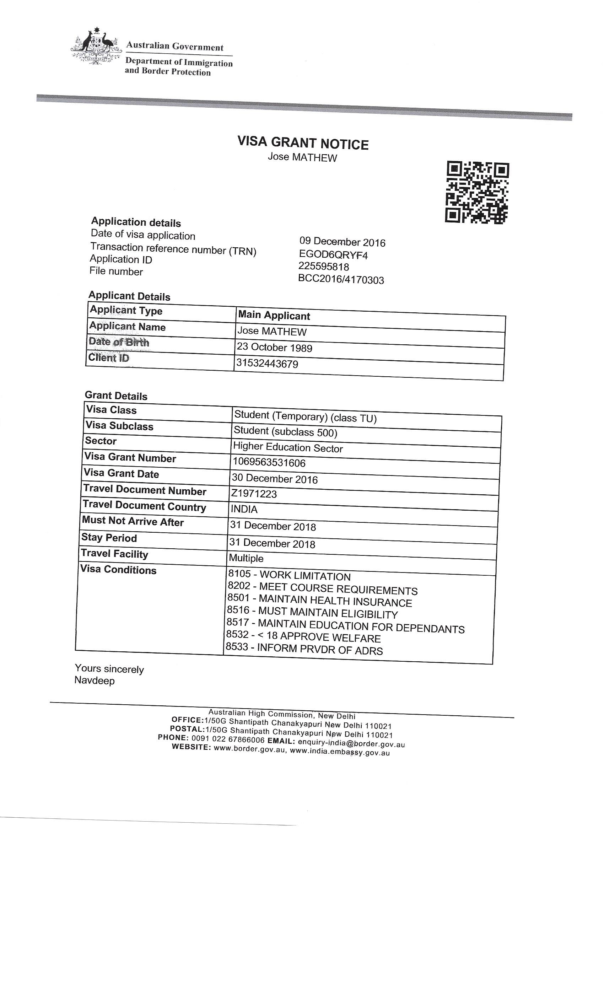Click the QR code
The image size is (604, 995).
click(x=476, y=192)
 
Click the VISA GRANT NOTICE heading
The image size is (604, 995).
click(x=302, y=143)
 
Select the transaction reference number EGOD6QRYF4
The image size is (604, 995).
click(x=333, y=255)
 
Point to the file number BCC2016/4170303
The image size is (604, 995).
click(x=341, y=279)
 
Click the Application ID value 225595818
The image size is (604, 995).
click(x=323, y=267)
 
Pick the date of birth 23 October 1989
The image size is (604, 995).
click(x=274, y=347)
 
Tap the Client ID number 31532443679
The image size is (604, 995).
click(x=267, y=364)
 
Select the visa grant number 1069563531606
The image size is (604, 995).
click(x=269, y=462)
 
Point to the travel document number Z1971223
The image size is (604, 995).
click(x=254, y=494)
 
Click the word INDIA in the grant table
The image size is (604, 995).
click(x=244, y=509)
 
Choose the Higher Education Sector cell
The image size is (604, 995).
click(x=288, y=447)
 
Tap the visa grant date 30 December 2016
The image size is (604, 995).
click(x=275, y=479)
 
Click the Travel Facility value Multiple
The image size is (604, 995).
click(x=246, y=558)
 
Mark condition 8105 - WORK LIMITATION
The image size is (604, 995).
click(x=289, y=575)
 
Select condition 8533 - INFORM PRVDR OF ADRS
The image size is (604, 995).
click(x=304, y=649)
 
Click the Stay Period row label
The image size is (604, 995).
click(x=109, y=538)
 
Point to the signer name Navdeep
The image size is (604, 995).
click(x=95, y=681)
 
